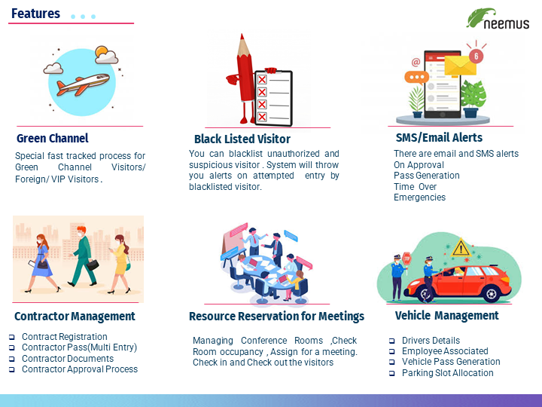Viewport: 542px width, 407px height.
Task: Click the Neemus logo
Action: point(498,19)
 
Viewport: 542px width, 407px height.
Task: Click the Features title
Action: point(35,14)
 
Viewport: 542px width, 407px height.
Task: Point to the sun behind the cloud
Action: point(102,51)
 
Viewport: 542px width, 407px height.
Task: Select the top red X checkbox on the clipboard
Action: point(262,80)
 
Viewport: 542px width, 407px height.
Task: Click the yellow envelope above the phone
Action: point(460,65)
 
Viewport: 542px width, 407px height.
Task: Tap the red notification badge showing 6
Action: point(476,56)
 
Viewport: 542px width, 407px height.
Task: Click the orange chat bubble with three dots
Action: point(416,77)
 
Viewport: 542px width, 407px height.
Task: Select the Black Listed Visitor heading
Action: point(242,139)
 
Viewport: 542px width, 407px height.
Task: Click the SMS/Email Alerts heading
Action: point(439,137)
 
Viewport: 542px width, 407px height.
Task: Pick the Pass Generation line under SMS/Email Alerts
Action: point(427,176)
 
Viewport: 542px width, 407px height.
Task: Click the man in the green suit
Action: point(82,256)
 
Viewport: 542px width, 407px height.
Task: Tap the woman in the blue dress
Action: point(42,263)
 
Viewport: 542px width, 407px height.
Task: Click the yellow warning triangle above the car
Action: point(461,248)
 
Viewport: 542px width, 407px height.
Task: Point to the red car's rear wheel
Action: point(491,294)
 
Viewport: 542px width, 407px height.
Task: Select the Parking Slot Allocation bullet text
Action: point(448,373)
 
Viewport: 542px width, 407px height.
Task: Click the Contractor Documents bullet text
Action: point(68,359)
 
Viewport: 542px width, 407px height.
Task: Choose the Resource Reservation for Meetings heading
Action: point(276,317)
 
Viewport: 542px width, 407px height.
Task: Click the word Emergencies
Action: point(419,197)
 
